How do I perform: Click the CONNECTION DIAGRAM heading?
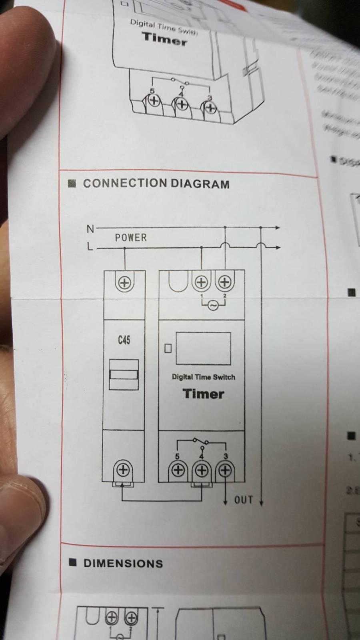tap(156, 184)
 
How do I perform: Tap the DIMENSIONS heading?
tap(123, 563)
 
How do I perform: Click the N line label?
tap(90, 229)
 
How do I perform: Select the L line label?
tap(90, 247)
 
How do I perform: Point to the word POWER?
tap(131, 238)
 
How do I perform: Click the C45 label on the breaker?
tap(124, 340)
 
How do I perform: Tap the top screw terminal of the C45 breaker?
tap(124, 283)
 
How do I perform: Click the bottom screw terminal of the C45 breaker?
tap(123, 469)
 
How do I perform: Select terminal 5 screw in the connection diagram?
tap(178, 470)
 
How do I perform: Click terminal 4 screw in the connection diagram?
tap(202, 470)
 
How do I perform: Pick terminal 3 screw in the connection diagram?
tap(225, 470)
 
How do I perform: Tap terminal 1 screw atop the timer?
tap(202, 282)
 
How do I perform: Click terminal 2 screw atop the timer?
tap(225, 282)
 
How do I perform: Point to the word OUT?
tap(243, 500)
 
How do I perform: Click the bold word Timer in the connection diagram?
tap(203, 394)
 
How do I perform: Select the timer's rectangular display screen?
tap(203, 348)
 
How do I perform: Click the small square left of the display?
tap(168, 348)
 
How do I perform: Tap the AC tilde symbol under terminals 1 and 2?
tap(213, 306)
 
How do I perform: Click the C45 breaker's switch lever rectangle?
tap(124, 374)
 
